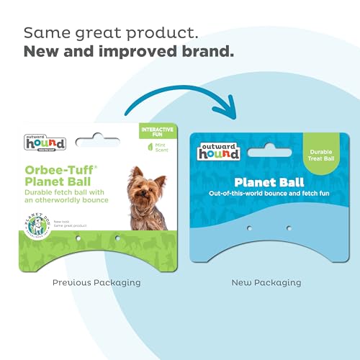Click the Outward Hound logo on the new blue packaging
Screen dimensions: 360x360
click(220, 150)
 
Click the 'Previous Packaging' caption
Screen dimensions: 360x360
click(96, 283)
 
